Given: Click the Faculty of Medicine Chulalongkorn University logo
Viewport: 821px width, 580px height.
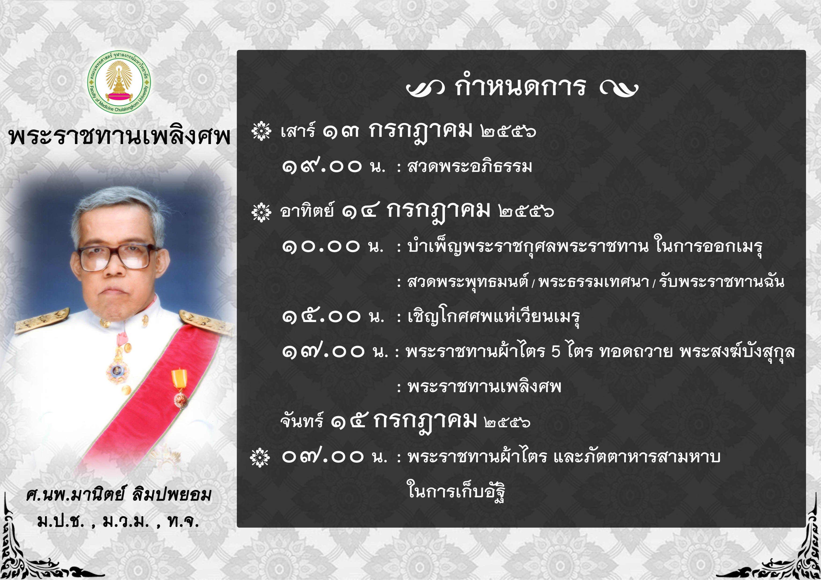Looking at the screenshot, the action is point(119,82).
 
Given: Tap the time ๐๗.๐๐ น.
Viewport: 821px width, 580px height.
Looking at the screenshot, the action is point(335,457).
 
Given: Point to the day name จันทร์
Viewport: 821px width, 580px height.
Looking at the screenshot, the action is point(302,420).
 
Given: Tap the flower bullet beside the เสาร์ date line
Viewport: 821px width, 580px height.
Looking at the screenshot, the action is point(261,131).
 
